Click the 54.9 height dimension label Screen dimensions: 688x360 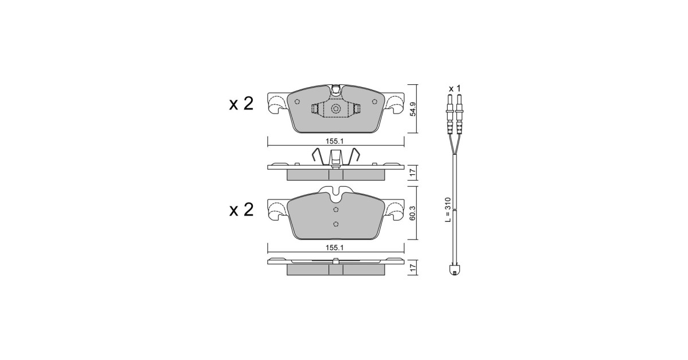tap(413, 109)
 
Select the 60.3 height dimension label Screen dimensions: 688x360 tap(413, 213)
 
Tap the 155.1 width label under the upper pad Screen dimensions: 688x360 tap(334, 141)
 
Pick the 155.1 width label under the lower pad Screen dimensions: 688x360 tap(334, 248)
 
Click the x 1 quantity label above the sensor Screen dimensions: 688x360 tap(455, 89)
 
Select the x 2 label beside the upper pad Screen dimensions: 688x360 tap(241, 104)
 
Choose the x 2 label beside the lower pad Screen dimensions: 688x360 tap(241, 210)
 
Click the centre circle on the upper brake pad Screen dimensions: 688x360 tap(336, 109)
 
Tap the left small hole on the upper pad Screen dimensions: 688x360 tap(297, 101)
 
